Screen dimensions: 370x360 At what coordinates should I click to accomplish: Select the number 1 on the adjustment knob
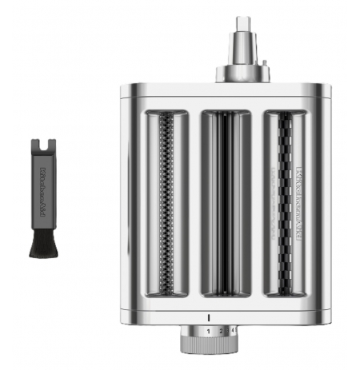pos(209,330)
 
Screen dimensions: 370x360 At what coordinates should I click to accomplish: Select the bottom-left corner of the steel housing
pos(122,316)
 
